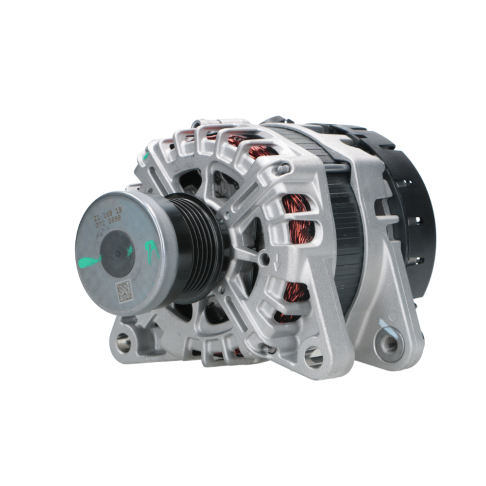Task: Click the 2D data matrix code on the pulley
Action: tap(124, 290)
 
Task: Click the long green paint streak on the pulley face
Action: tap(89, 262)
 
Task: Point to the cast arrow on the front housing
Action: tap(277, 265)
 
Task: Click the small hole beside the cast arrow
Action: tap(265, 259)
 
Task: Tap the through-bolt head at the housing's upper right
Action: tap(284, 169)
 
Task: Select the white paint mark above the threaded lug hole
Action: tap(383, 323)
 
